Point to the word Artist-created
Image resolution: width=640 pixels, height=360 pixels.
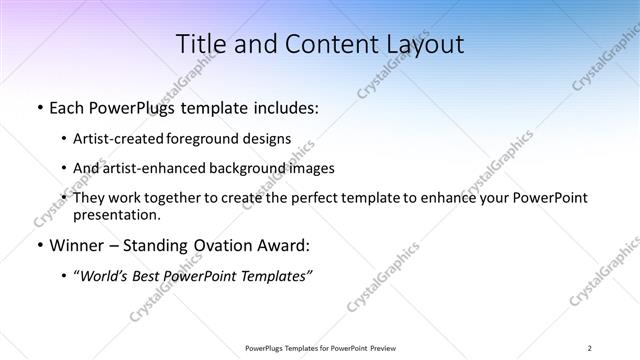pyautogui.click(x=120, y=139)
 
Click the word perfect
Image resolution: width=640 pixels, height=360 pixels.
pyautogui.click(x=297, y=199)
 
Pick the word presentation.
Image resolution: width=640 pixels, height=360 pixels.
pyautogui.click(x=116, y=215)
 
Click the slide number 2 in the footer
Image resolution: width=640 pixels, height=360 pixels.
pyautogui.click(x=590, y=347)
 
